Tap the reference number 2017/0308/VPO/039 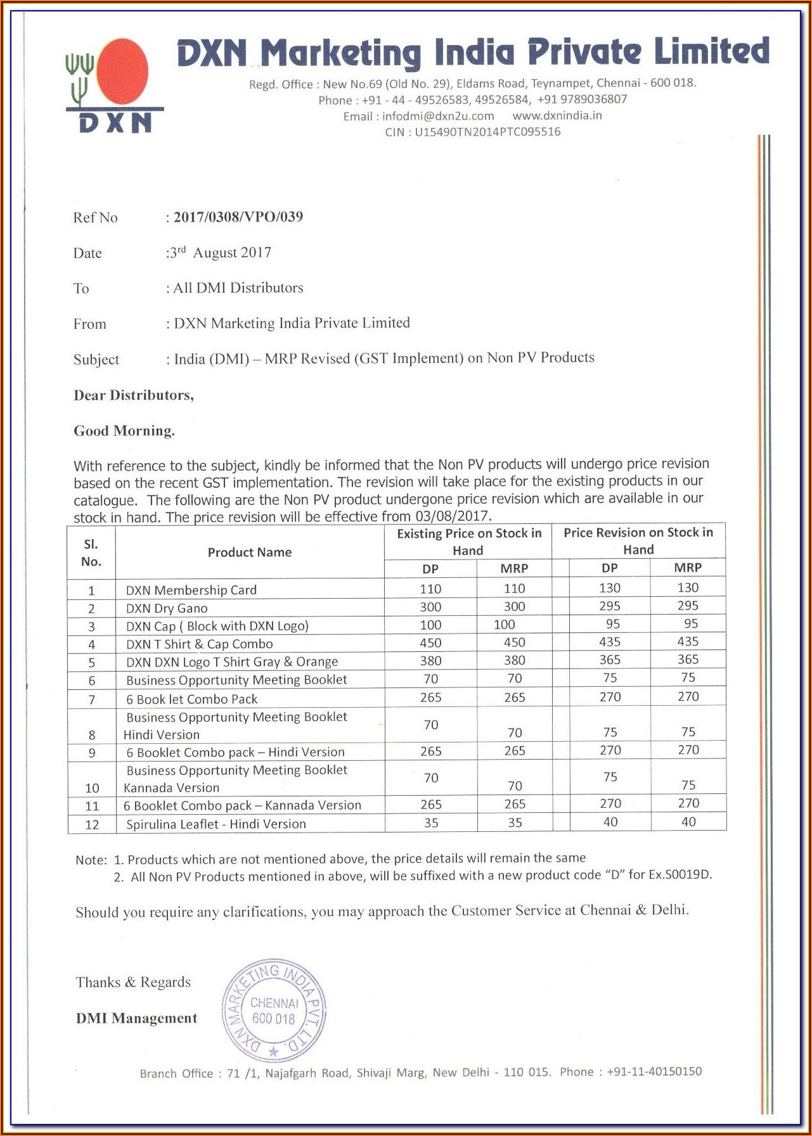point(238,217)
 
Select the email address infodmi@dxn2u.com point(438,116)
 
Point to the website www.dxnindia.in point(557,115)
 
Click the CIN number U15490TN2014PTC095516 point(487,132)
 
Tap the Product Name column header point(250,552)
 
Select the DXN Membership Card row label point(191,590)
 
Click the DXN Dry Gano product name point(167,608)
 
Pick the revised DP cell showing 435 point(610,642)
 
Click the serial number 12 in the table point(92,824)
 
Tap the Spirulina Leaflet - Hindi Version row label point(216,824)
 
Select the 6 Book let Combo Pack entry point(192,699)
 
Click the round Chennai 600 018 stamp point(274,1011)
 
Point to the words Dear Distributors point(134,395)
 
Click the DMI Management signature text point(136,1018)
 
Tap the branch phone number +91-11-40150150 point(654,1071)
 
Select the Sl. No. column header point(91,552)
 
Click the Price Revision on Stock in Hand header point(638,541)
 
